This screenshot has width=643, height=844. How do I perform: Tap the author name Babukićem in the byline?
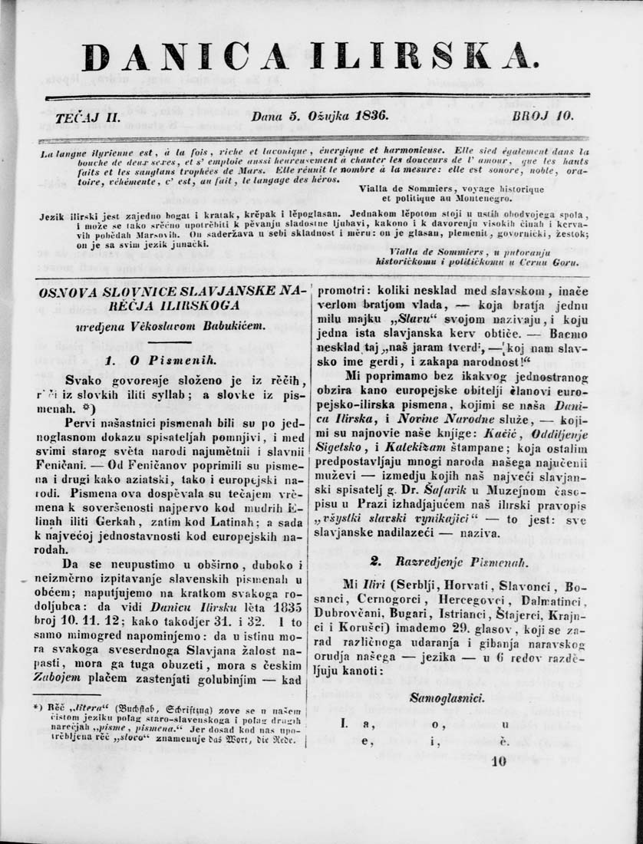[224, 326]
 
